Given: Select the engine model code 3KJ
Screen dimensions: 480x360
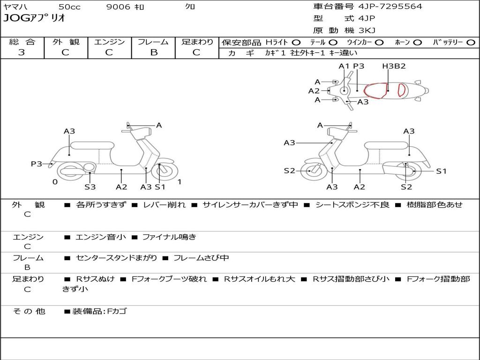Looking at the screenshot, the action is tap(367, 30).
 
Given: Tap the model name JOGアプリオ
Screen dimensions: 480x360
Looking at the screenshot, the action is tap(34, 18).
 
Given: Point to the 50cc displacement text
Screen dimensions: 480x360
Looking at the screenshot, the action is tap(69, 7).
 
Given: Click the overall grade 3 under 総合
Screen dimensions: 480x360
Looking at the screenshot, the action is tap(22, 52).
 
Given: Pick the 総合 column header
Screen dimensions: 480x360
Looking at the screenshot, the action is tap(22, 42).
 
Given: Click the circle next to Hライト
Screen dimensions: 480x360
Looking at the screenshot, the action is tap(296, 42).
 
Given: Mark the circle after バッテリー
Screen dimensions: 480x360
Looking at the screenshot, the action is tap(471, 42).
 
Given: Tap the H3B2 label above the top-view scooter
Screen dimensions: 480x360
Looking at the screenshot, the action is tap(394, 66).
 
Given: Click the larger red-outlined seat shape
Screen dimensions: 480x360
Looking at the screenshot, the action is tap(376, 90).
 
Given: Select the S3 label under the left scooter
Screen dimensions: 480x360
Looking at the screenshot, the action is tap(90, 187).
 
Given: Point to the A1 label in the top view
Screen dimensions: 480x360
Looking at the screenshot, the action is tap(344, 66).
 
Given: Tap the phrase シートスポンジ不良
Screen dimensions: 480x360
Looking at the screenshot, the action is tap(352, 205).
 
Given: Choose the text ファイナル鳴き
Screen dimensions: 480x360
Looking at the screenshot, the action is tap(169, 237).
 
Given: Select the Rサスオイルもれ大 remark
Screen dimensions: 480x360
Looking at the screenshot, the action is tap(259, 279).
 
